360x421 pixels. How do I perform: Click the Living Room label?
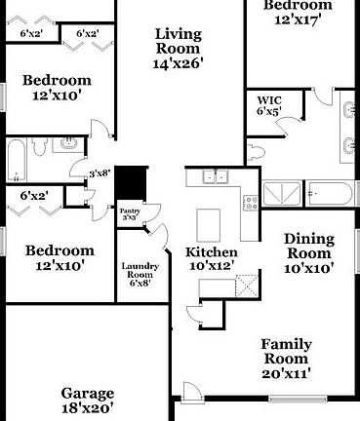pyautogui.click(x=179, y=40)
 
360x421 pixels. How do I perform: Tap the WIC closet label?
pyautogui.click(x=269, y=100)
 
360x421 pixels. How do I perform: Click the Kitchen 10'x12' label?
pyautogui.click(x=211, y=259)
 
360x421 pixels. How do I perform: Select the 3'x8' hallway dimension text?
pyautogui.click(x=98, y=173)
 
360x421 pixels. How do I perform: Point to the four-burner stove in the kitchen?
pyautogui.click(x=250, y=204)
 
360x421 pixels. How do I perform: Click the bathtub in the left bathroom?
pyautogui.click(x=20, y=162)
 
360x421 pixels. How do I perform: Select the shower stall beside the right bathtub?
pyautogui.click(x=283, y=191)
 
